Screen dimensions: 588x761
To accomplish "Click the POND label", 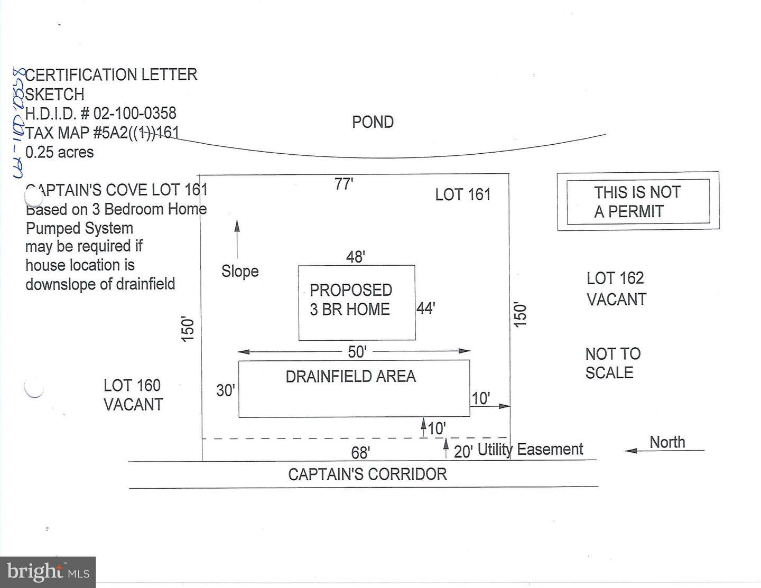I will point(373,122).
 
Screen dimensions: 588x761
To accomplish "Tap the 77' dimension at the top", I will point(344,184).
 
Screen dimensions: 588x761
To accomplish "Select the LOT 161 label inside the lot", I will point(463,195).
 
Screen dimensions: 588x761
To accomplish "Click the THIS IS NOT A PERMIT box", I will point(637,201).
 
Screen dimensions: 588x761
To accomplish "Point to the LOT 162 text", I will point(615,278).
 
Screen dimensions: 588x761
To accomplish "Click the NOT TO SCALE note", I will point(612,363).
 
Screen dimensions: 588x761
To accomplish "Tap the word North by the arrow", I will point(667,442).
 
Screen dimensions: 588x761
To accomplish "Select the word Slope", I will point(240,272).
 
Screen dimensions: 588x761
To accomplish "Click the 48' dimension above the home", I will point(355,257).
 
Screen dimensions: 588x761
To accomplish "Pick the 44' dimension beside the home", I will point(425,308).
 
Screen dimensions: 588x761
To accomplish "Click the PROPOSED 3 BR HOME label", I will point(350,300).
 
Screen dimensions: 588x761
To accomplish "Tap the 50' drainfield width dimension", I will point(357,351).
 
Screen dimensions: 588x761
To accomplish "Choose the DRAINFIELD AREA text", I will point(350,377).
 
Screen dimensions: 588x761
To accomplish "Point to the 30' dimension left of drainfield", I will point(225,390).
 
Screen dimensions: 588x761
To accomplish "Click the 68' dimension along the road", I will point(360,453).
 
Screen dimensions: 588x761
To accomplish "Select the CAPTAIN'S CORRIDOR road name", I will point(367,474).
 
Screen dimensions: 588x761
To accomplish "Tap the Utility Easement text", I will point(530,450).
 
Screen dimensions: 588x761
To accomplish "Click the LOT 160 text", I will point(132,386).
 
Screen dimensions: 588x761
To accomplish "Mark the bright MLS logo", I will point(48,572).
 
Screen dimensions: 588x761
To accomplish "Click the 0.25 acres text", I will point(59,152).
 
